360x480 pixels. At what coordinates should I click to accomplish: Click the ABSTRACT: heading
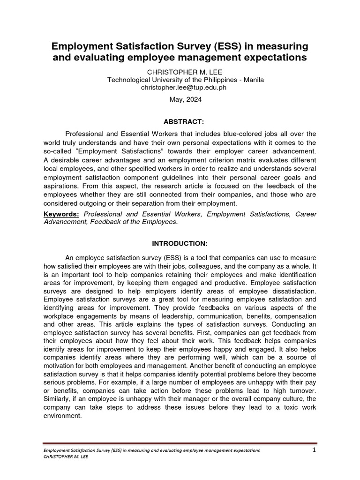pyautogui.click(x=180, y=122)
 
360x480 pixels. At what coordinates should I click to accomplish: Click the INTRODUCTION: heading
pyautogui.click(x=180, y=244)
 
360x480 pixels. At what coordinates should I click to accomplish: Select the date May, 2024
pyautogui.click(x=180, y=100)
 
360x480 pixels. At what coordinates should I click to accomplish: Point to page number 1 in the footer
pyautogui.click(x=314, y=450)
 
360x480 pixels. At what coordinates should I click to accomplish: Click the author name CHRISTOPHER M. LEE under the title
pyautogui.click(x=180, y=72)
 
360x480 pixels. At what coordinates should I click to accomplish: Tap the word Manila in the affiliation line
pyautogui.click(x=254, y=80)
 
